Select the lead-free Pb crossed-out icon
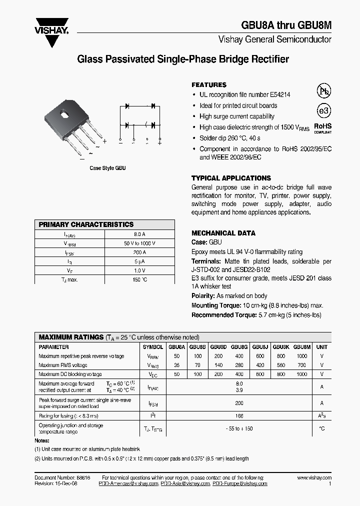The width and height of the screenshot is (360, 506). tap(324, 90)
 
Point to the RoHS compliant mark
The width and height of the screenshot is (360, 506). tap(322, 128)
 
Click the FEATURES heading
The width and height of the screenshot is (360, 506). tap(209, 85)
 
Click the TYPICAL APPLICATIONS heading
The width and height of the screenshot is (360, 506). tap(231, 178)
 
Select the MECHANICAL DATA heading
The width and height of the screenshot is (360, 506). tap(223, 233)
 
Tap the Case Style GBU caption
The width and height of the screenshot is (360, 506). tap(107, 168)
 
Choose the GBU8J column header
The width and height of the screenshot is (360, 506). tap(260, 346)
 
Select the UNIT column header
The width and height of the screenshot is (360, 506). tap(322, 346)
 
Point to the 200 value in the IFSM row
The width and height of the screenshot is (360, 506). tap(239, 402)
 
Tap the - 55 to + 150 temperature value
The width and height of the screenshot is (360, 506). tap(239, 428)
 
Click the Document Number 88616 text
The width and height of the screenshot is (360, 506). tap(62, 478)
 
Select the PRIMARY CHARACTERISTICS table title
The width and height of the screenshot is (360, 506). tap(86, 225)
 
